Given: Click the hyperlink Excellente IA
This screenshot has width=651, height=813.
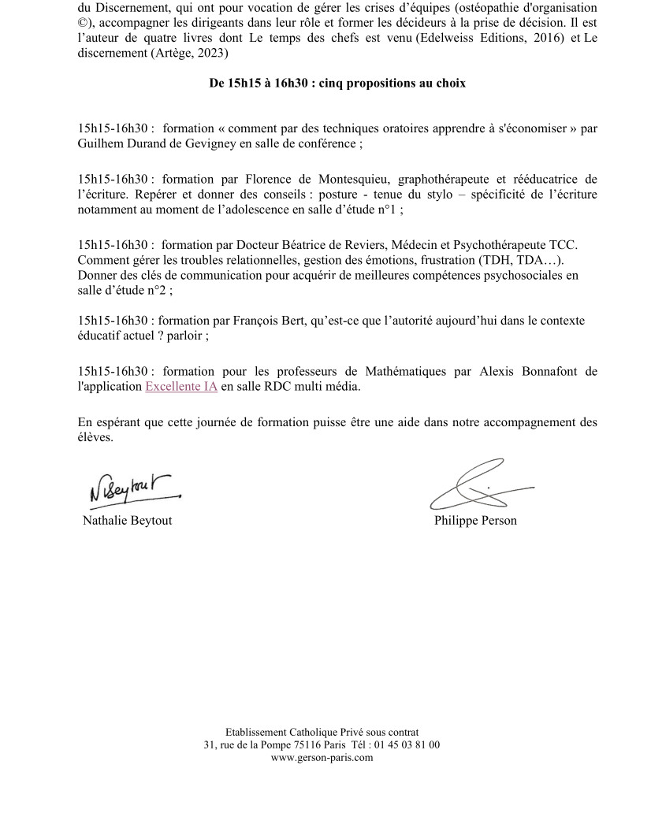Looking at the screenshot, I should tap(180, 387).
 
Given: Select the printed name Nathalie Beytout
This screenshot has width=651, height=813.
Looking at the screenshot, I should tap(127, 521).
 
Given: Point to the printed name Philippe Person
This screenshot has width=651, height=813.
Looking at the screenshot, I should tap(475, 521).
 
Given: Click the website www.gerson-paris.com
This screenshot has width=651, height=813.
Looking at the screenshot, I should tap(322, 758).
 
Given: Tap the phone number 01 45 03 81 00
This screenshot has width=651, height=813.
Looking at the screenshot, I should tap(405, 745).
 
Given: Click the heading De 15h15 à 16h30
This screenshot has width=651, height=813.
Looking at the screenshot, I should tap(325, 83).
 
